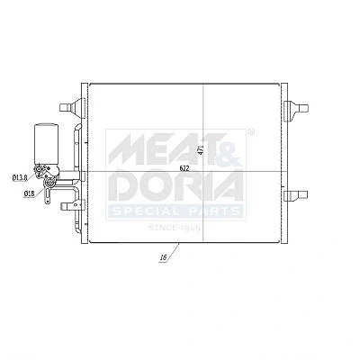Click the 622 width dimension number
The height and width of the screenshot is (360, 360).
pyautogui.click(x=184, y=168)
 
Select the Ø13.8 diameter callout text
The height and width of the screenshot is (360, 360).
pyautogui.click(x=20, y=178)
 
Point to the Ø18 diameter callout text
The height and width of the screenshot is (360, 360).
pyautogui.click(x=29, y=193)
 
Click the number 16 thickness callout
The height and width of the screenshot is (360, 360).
pyautogui.click(x=163, y=257)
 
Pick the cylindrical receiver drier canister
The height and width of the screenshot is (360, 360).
pyautogui.click(x=45, y=144)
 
